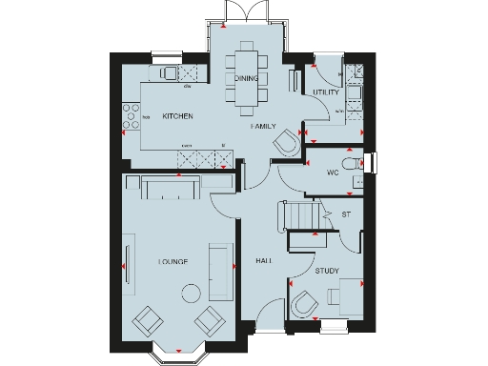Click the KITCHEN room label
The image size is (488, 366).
click(177, 116)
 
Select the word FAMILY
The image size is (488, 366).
click(264, 126)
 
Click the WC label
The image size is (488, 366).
click(333, 173)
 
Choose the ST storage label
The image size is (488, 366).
click(346, 214)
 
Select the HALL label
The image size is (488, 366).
click(264, 259)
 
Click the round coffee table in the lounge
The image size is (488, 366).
click(192, 293)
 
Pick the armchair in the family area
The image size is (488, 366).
click(285, 143)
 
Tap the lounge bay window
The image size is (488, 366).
click(177, 355)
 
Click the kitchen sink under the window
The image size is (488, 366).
click(169, 72)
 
